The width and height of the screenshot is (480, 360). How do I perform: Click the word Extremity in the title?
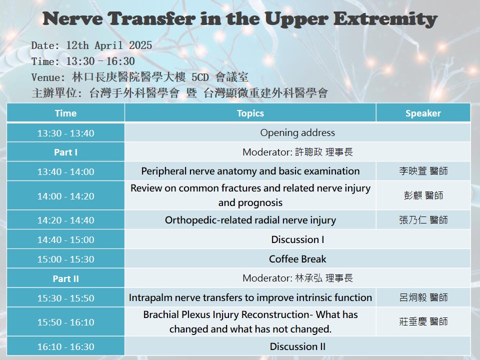click(x=385, y=18)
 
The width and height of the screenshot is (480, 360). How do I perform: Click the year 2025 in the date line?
click(x=140, y=45)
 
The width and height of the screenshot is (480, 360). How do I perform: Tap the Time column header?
click(x=66, y=113)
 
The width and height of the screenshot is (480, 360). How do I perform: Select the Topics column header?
click(x=250, y=113)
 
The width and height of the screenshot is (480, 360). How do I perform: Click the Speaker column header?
click(x=423, y=113)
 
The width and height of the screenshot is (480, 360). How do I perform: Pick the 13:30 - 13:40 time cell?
click(x=66, y=133)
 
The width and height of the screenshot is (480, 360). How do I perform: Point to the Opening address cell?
click(x=297, y=132)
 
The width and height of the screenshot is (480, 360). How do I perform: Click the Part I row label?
click(x=66, y=152)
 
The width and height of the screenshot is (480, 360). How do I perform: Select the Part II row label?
click(x=66, y=278)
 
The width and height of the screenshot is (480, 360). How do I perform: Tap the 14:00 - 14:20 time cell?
click(x=66, y=196)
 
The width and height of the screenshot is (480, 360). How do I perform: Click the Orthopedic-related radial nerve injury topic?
click(x=250, y=220)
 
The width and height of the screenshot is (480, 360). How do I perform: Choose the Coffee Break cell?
click(x=297, y=259)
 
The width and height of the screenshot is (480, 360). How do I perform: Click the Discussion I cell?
click(x=297, y=239)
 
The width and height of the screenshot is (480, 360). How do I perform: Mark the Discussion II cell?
click(x=297, y=346)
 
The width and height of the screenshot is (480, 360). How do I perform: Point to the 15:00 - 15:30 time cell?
click(x=66, y=259)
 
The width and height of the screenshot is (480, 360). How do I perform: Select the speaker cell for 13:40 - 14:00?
click(x=423, y=171)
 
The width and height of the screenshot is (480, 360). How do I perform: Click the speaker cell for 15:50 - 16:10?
click(x=423, y=321)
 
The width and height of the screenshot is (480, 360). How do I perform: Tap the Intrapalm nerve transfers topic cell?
click(x=250, y=297)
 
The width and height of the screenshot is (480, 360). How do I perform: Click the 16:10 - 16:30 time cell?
click(x=66, y=346)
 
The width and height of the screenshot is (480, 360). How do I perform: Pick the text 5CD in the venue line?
click(x=200, y=77)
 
